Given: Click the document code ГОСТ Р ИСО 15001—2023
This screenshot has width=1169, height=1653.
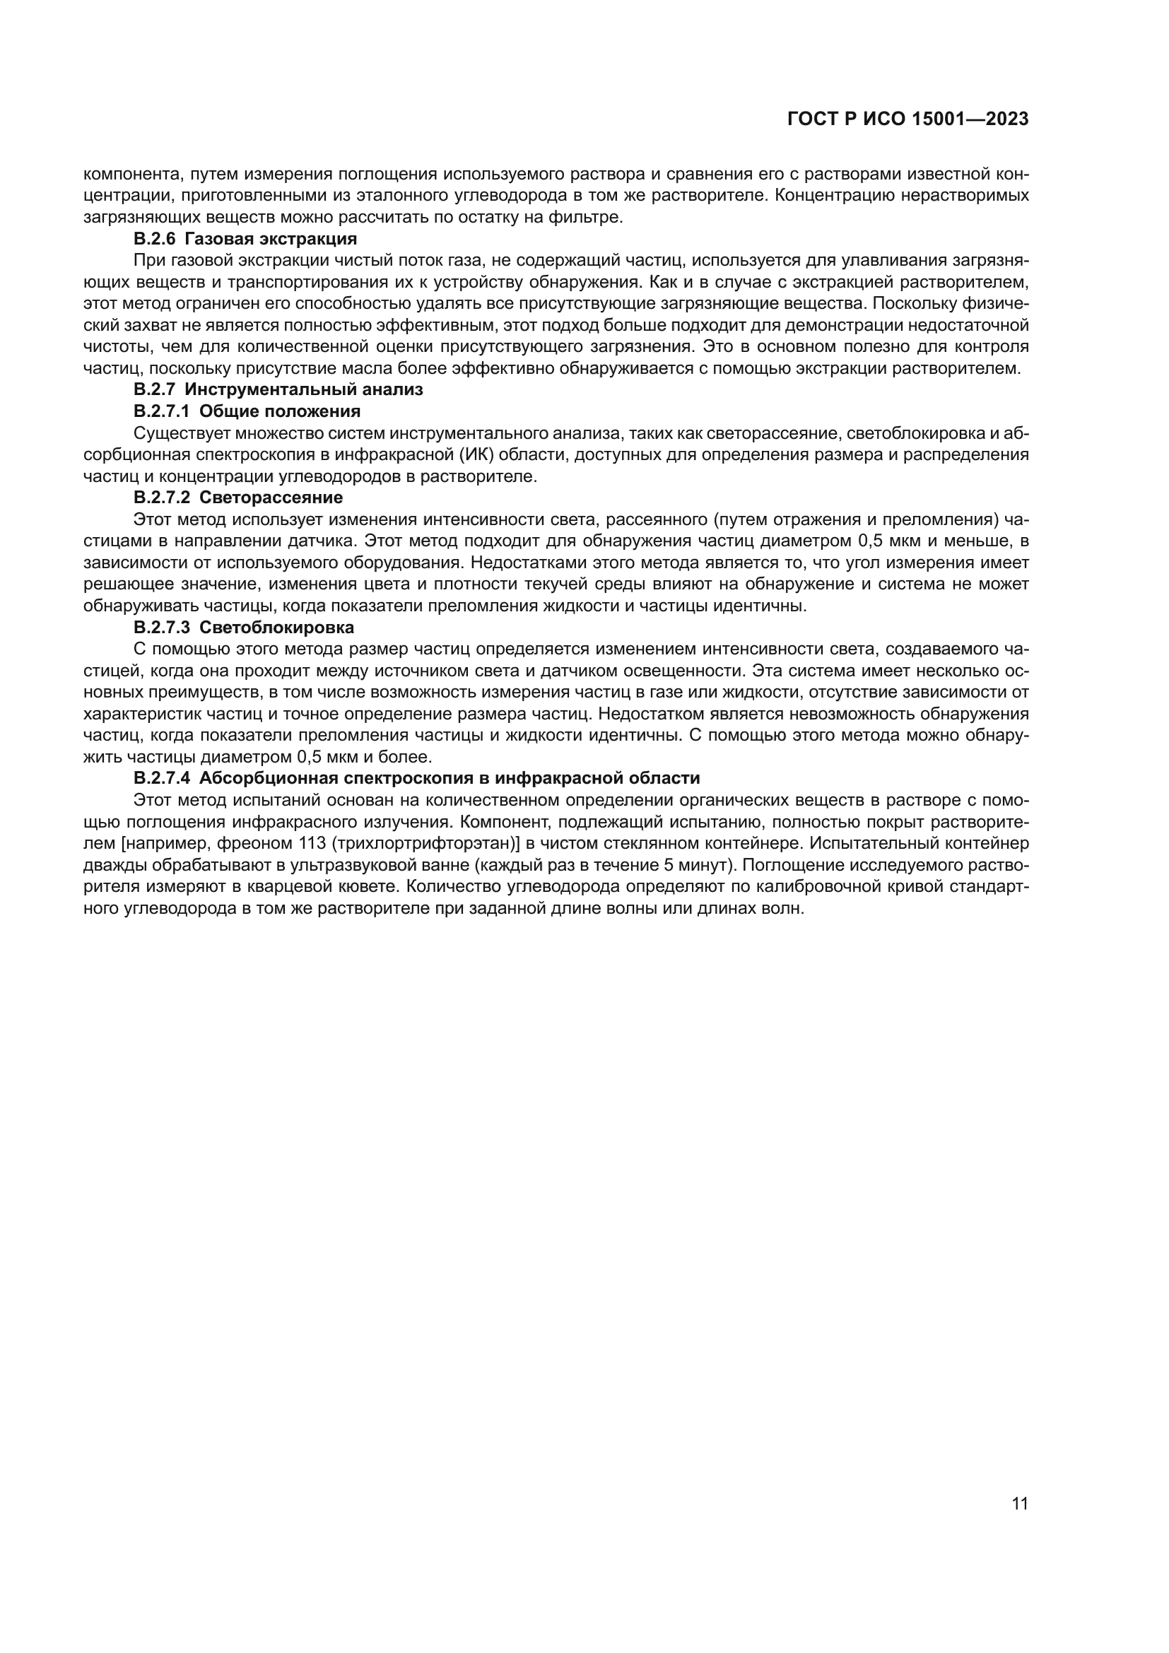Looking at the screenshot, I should coord(907,119).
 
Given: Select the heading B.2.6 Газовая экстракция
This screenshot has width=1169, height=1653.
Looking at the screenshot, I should coord(245,238).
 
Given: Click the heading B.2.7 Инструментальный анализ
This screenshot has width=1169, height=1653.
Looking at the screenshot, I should coord(278,389).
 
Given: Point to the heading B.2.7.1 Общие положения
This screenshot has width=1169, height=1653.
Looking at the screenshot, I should coord(247,411).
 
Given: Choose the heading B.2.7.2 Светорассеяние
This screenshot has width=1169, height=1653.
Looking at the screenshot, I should coord(237,498).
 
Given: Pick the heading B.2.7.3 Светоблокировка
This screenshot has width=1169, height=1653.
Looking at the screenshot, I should coord(243,627).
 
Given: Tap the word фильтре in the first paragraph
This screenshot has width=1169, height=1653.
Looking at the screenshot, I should coord(592,217).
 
